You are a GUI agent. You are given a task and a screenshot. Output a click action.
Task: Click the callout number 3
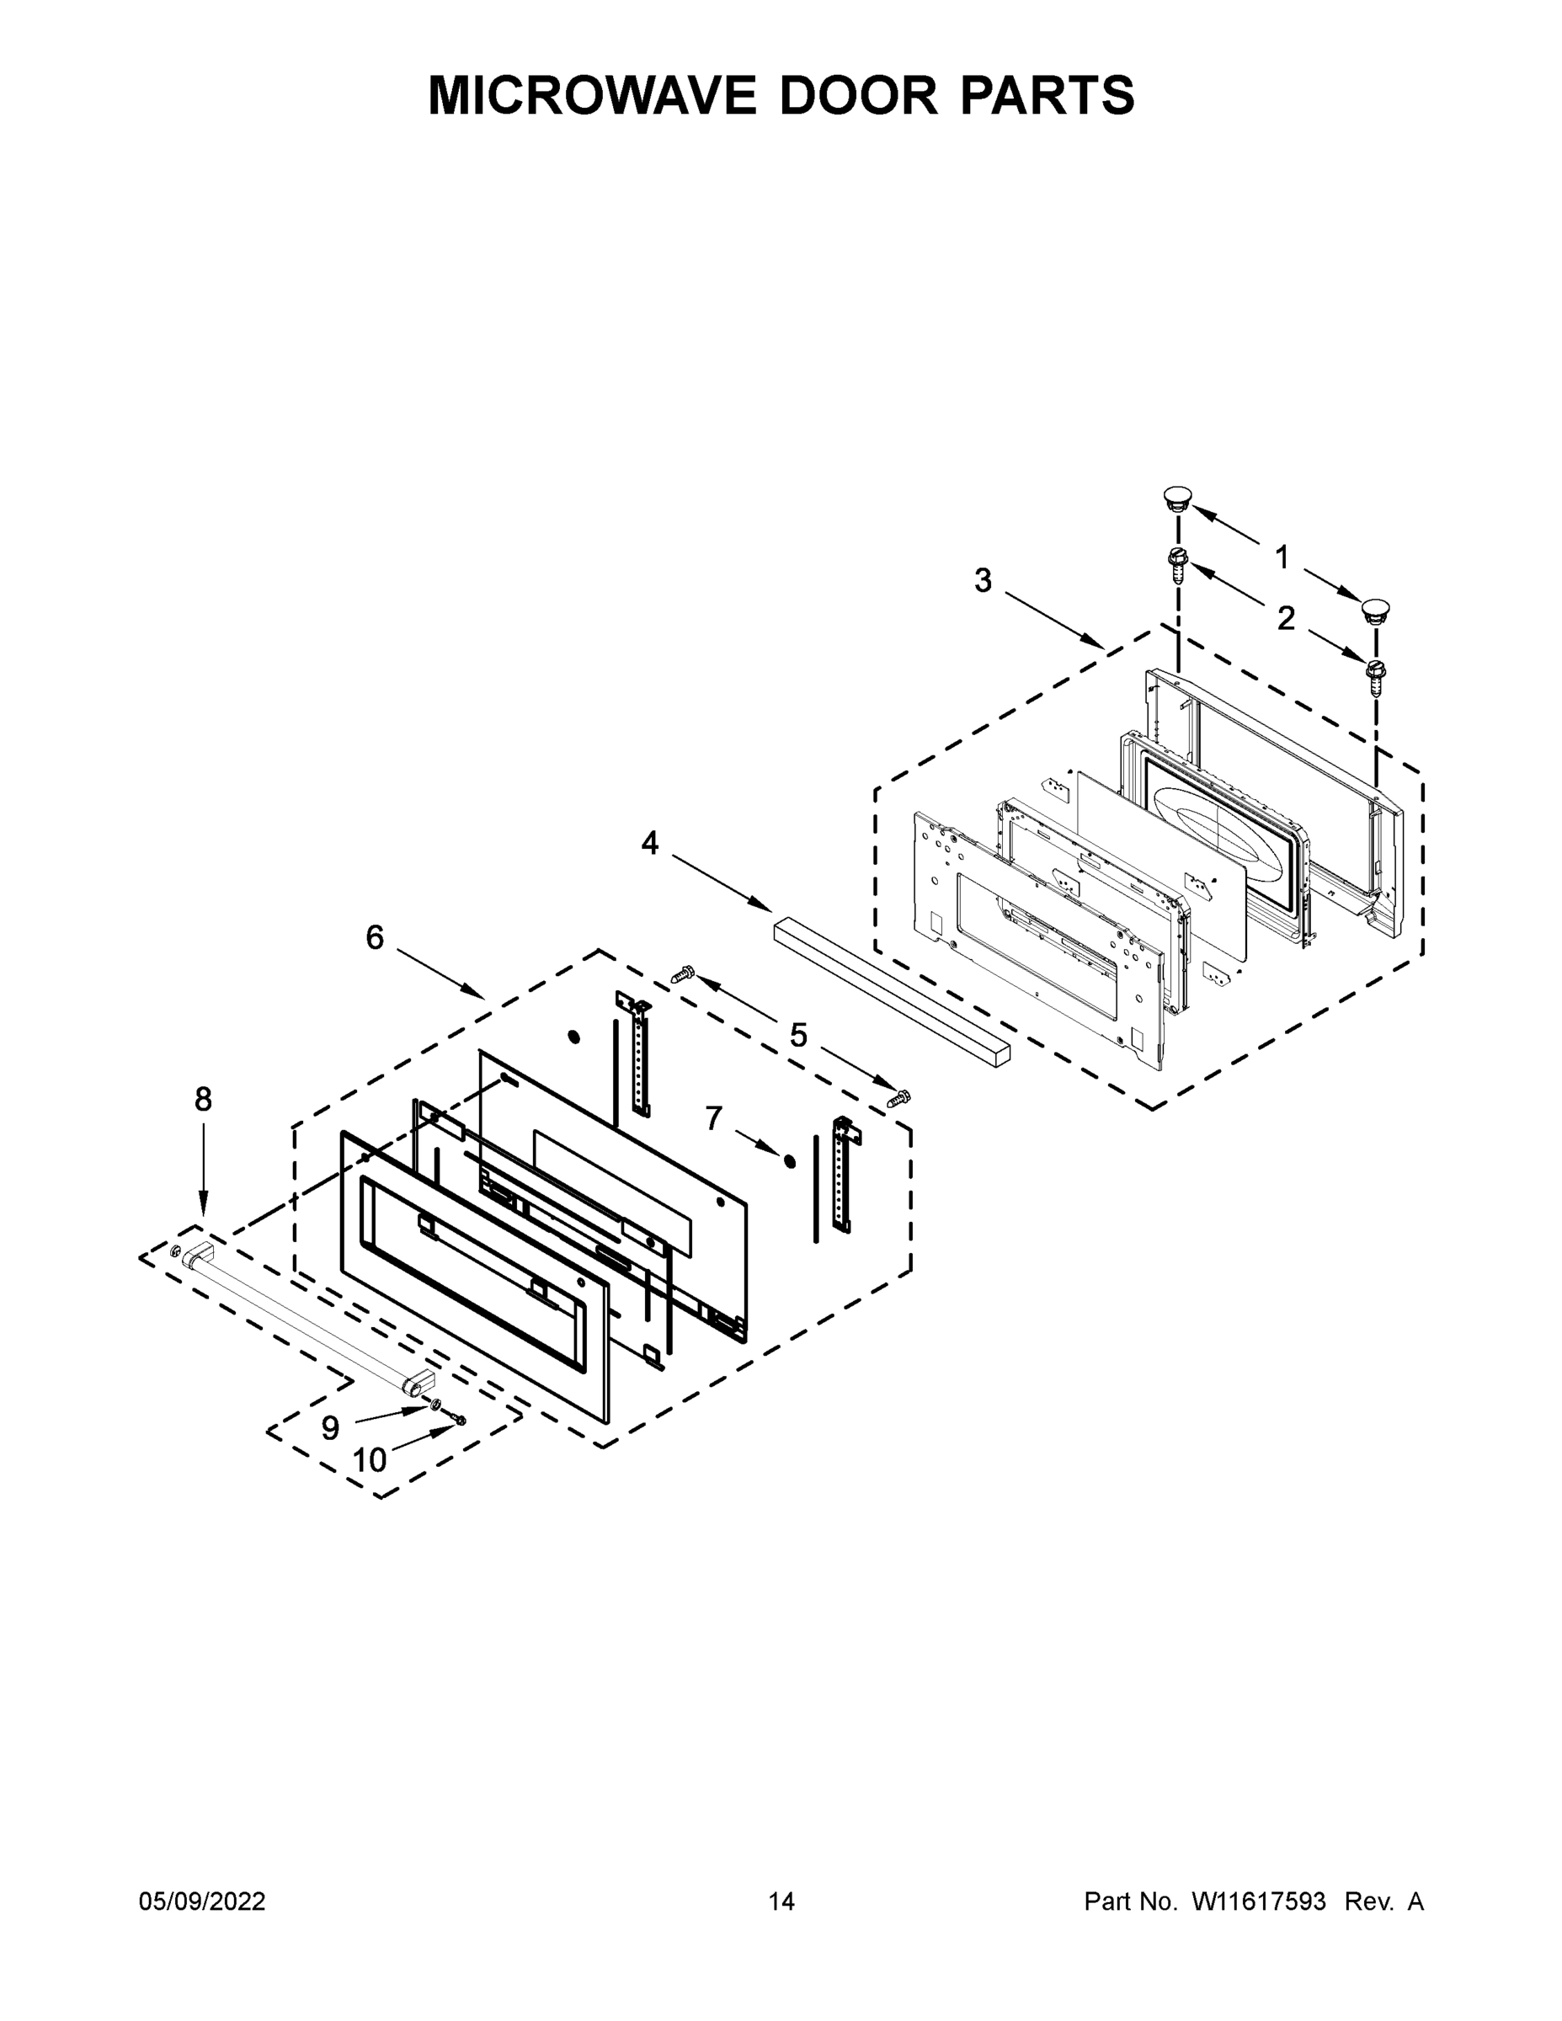pos(982,581)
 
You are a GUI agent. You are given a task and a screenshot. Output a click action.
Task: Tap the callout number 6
pos(374,937)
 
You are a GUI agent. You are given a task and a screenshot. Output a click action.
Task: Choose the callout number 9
pos(330,1428)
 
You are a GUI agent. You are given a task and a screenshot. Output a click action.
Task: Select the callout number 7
pos(712,1119)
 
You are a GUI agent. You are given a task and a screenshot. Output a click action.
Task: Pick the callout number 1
pos(1282,557)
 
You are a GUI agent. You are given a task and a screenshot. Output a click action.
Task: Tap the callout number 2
pos(1285,618)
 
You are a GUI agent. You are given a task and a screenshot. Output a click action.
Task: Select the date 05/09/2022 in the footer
pos(202,1901)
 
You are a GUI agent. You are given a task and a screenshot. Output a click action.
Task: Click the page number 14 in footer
pos(781,1901)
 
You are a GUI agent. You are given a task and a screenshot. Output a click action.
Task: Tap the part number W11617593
pos(1259,1901)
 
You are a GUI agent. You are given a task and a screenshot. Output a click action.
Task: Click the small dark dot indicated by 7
pos(788,1161)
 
